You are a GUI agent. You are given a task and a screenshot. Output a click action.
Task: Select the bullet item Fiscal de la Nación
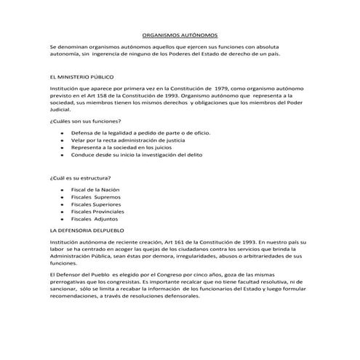pyautogui.click(x=95, y=190)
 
